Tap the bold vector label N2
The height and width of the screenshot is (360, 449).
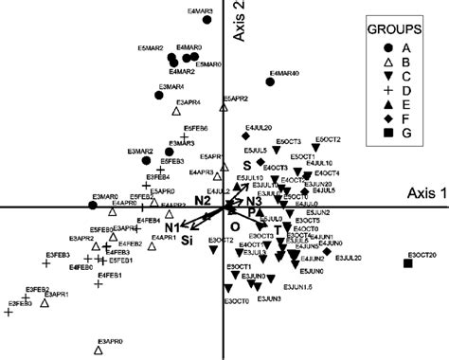[x=203, y=201]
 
